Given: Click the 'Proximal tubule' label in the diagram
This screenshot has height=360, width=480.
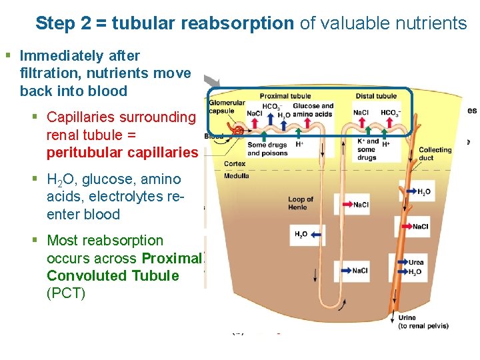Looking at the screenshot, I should pyautogui.click(x=285, y=96).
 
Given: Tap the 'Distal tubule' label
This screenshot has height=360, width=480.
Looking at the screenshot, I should pyautogui.click(x=376, y=96).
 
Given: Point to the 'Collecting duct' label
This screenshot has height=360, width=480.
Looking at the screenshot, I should pyautogui.click(x=435, y=154).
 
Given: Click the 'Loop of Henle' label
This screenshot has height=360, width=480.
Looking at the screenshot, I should pyautogui.click(x=301, y=203).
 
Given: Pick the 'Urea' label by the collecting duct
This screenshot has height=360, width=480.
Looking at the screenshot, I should pyautogui.click(x=415, y=263).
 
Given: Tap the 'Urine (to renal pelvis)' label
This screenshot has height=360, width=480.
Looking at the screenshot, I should pyautogui.click(x=423, y=322).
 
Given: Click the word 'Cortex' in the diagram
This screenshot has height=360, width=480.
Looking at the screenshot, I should pyautogui.click(x=235, y=163).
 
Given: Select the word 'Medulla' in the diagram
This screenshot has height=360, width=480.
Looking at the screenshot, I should pyautogui.click(x=236, y=176).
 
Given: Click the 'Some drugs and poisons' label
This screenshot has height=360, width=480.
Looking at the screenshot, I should pyautogui.click(x=267, y=149).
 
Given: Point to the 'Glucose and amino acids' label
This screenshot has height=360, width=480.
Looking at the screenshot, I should pyautogui.click(x=313, y=110).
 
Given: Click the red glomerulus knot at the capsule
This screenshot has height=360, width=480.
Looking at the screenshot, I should pyautogui.click(x=237, y=131).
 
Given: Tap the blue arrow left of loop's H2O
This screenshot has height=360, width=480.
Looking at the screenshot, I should pyautogui.click(x=315, y=235).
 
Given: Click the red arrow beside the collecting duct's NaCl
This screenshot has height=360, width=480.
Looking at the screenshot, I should pyautogui.click(x=403, y=227).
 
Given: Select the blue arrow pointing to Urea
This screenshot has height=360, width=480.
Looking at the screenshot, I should pyautogui.click(x=401, y=263).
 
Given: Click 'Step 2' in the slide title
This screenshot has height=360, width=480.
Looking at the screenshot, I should pyautogui.click(x=64, y=24).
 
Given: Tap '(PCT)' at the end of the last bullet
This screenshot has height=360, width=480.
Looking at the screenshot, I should pyautogui.click(x=66, y=293).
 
